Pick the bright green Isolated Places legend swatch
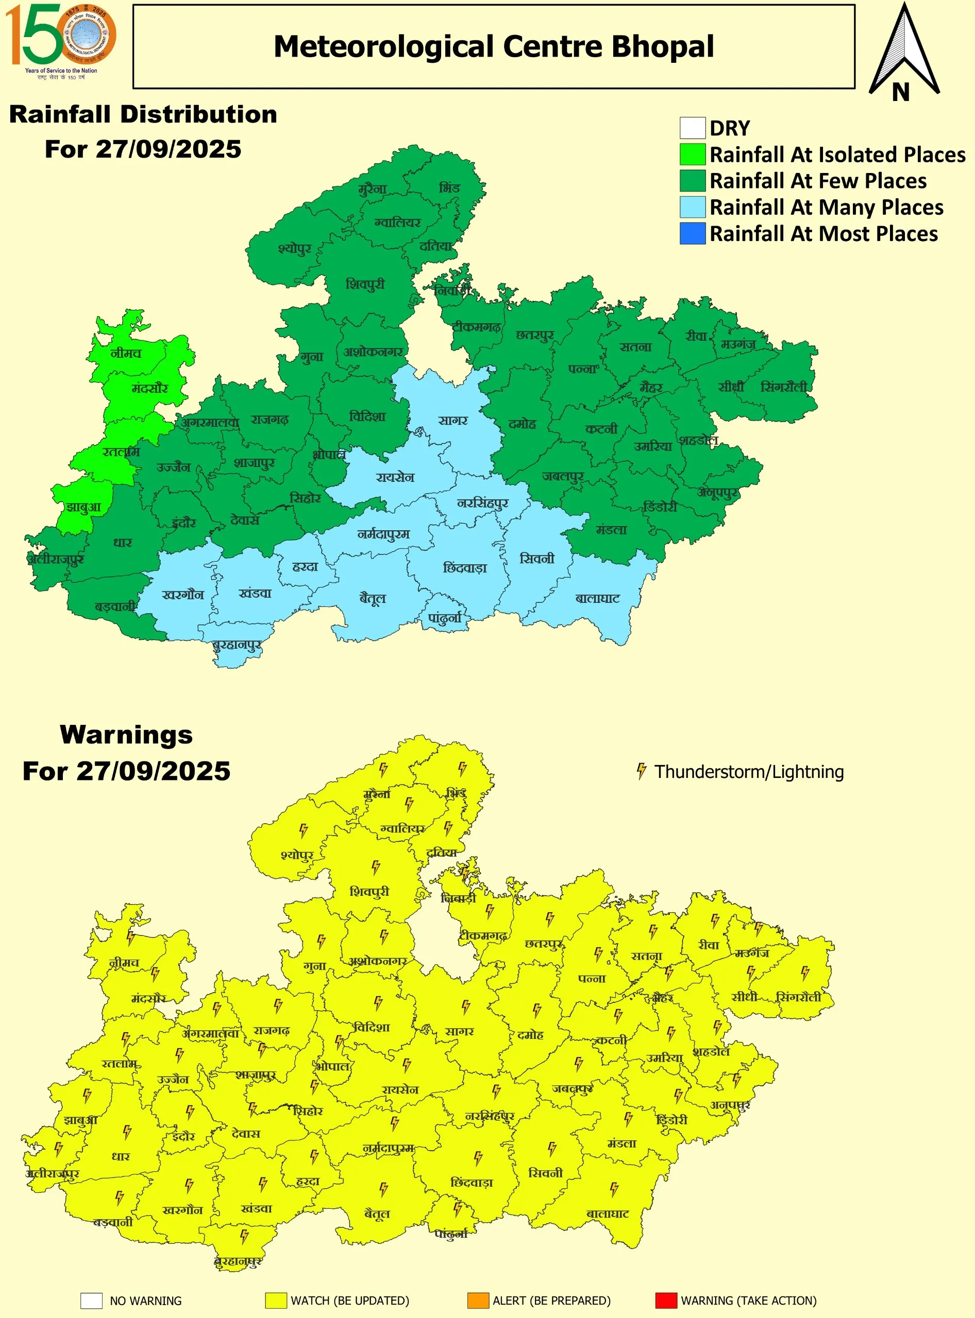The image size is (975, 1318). [692, 154]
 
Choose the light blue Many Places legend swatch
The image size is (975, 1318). [692, 207]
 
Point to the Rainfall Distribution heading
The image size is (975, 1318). [143, 114]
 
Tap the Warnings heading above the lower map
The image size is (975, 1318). [126, 735]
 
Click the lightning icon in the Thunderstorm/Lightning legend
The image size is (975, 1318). [641, 771]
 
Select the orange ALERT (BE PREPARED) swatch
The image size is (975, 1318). [478, 1300]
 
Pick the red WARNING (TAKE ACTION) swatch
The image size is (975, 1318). [666, 1300]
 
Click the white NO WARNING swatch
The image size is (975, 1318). [92, 1301]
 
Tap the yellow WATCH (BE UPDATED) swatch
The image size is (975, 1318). [276, 1300]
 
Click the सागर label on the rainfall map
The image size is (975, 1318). [452, 421]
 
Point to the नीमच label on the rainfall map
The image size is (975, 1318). [126, 353]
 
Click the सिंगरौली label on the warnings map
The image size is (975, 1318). [798, 997]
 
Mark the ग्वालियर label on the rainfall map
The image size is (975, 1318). [397, 223]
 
